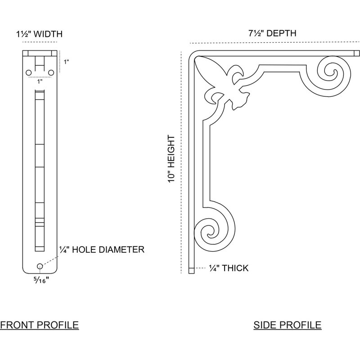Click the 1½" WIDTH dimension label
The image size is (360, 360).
click(39, 34)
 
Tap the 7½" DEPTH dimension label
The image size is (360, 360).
click(272, 33)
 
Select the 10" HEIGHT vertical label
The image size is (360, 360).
click(171, 159)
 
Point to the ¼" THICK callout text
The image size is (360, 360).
click(229, 268)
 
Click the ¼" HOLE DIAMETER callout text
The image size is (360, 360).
click(102, 249)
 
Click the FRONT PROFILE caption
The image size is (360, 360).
click(39, 325)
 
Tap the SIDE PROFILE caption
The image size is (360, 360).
click(288, 325)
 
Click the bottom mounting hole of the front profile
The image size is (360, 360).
click(40, 266)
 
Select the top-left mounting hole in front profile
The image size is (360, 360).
click(29, 73)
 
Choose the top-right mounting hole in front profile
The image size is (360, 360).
click(51, 73)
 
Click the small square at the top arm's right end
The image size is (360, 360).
click(357, 53)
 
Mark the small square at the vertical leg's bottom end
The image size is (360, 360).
click(191, 270)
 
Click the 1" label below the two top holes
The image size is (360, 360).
click(40, 81)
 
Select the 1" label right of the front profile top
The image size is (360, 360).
click(66, 62)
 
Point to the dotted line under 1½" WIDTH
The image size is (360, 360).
click(40, 42)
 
